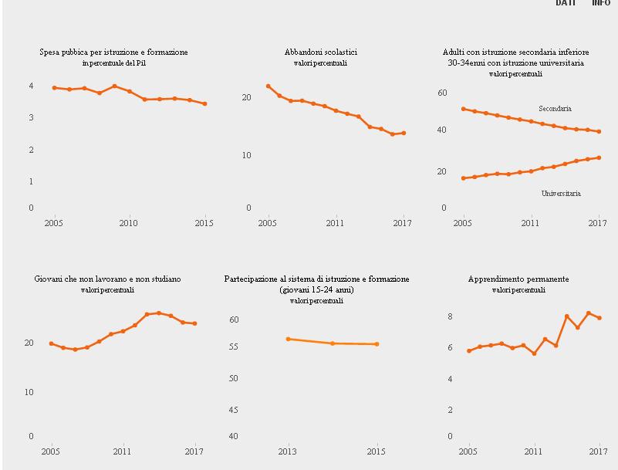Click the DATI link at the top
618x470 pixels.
tap(566, 3)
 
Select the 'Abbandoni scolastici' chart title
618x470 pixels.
tap(320, 52)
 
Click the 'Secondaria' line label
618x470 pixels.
tap(555, 109)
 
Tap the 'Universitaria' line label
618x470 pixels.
tap(561, 194)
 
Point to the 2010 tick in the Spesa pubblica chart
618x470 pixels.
tap(128, 224)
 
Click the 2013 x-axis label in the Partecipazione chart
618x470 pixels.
tap(288, 452)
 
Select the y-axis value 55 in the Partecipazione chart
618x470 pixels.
tap(235, 347)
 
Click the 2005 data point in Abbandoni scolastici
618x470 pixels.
tap(268, 86)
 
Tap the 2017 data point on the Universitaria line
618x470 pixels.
tap(599, 157)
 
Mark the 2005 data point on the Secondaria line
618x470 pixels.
tap(463, 109)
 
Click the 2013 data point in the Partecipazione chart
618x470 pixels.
tap(288, 339)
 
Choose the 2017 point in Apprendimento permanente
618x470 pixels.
tap(599, 318)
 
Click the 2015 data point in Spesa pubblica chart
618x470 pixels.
tap(204, 103)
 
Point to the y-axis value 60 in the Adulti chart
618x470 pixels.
tap(442, 93)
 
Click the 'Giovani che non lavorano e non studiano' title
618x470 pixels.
tap(108, 279)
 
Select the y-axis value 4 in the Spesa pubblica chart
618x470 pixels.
tap(31, 86)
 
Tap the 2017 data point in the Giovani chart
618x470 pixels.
tap(194, 323)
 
